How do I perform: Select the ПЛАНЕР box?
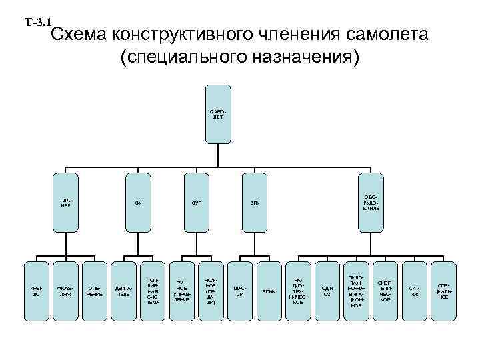click(65, 203)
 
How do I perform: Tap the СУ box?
click(138, 203)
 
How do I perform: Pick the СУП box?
click(197, 203)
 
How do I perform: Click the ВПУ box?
click(255, 203)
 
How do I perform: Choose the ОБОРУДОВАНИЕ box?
click(371, 203)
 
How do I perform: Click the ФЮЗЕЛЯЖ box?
click(65, 290)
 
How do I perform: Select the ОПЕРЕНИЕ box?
click(95, 290)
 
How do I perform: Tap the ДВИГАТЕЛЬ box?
click(123, 290)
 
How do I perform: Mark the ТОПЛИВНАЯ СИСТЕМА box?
click(153, 290)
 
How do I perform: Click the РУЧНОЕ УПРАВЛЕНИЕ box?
click(182, 290)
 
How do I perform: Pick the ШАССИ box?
click(240, 290)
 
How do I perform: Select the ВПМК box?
click(269, 290)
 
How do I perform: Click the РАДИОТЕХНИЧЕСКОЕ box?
click(298, 290)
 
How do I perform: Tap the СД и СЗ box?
click(327, 290)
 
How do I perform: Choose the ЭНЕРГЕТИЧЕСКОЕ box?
click(385, 290)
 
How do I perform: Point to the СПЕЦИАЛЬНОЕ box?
click(443, 290)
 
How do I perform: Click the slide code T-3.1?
click(38, 23)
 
